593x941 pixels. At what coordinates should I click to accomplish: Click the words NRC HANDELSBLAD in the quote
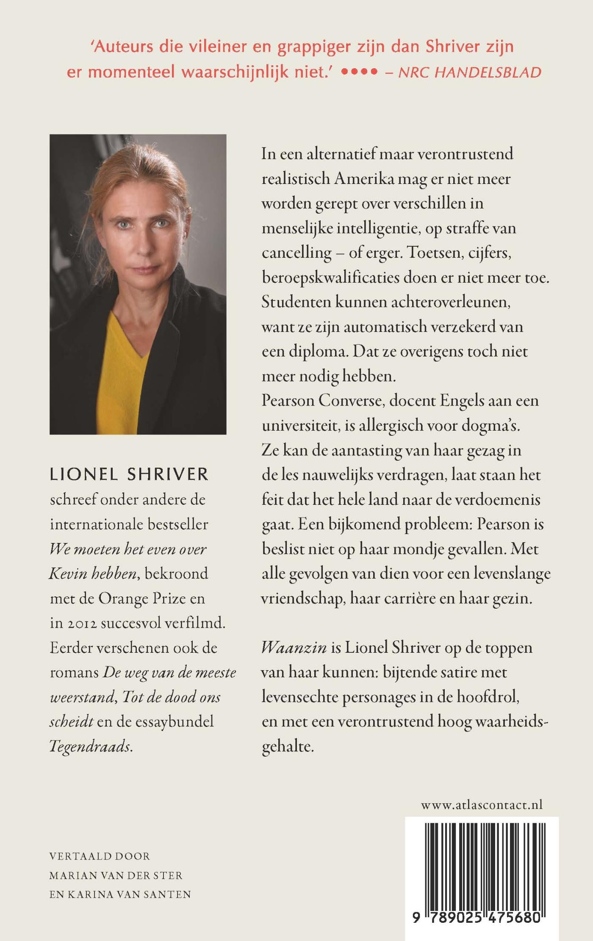coord(470,72)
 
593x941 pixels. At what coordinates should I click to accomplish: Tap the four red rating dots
coord(359,72)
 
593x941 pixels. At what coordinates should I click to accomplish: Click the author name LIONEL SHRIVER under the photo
coord(129,475)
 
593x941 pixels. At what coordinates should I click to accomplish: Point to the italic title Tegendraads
coord(91,747)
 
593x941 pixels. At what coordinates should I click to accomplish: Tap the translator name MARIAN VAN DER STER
coord(116,875)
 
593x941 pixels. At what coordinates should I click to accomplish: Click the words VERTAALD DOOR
coord(100,856)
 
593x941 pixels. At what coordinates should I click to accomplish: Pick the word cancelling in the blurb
coord(296,253)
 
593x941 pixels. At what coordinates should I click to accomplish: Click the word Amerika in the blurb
coord(358,179)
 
